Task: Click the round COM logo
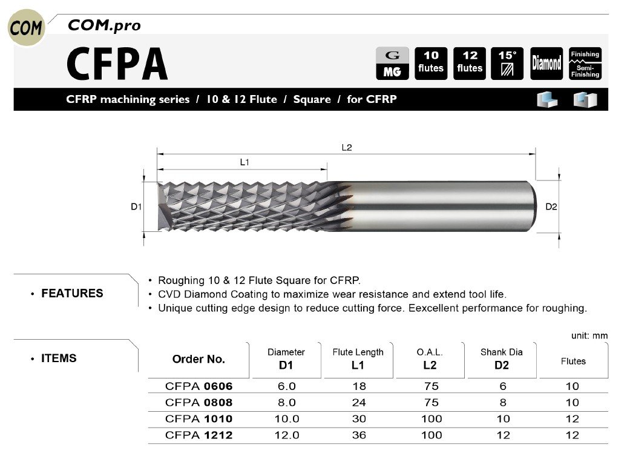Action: pyautogui.click(x=26, y=27)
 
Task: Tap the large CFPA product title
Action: pyautogui.click(x=117, y=64)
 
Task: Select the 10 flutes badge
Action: pyautogui.click(x=431, y=63)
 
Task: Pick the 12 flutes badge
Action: pyautogui.click(x=469, y=63)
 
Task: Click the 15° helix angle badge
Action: pyautogui.click(x=507, y=63)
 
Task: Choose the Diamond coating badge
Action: pyautogui.click(x=546, y=63)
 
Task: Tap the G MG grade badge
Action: pyautogui.click(x=392, y=63)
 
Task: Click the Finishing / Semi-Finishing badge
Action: pyautogui.click(x=585, y=63)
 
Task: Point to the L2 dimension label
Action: pyautogui.click(x=346, y=148)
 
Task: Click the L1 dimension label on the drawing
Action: pyautogui.click(x=244, y=162)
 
